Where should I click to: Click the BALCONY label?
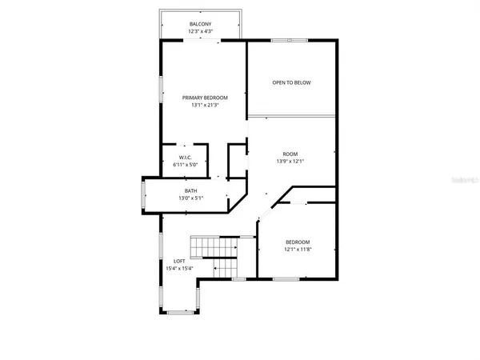click(x=201, y=25)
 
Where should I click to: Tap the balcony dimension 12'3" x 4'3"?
click(x=201, y=32)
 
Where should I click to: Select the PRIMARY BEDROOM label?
click(x=205, y=98)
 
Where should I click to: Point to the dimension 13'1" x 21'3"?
click(x=205, y=105)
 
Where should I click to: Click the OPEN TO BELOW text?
click(x=291, y=82)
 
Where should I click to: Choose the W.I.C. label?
click(x=184, y=158)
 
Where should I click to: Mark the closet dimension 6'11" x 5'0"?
click(x=184, y=165)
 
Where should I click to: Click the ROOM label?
click(x=290, y=154)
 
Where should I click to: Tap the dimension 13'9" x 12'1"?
click(x=290, y=161)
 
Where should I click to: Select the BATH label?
click(x=191, y=190)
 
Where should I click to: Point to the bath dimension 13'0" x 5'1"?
click(x=191, y=198)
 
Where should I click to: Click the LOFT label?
click(x=180, y=261)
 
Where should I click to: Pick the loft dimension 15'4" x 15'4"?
click(x=180, y=268)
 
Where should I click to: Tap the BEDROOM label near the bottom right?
click(x=298, y=242)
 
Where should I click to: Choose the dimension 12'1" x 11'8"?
click(x=298, y=250)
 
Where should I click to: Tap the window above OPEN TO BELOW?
click(x=289, y=39)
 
